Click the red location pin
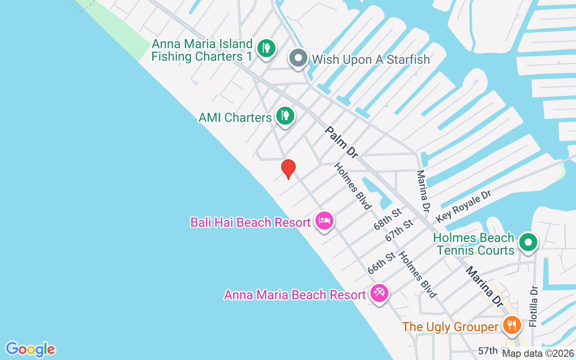(x=288, y=169)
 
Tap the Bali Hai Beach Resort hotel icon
(x=324, y=220)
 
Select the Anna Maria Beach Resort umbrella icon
(x=379, y=293)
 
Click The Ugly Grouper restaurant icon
(x=511, y=324)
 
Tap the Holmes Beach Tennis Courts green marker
(x=528, y=243)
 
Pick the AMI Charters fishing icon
(x=285, y=116)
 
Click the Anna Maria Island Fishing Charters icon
(x=266, y=48)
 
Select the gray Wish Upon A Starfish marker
(x=298, y=58)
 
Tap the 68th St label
(x=387, y=219)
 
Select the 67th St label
(x=399, y=230)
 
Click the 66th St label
(x=381, y=263)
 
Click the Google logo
(x=30, y=349)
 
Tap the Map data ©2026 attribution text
(x=538, y=354)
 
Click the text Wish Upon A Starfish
(x=371, y=59)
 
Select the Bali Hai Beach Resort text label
(x=251, y=222)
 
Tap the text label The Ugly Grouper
(x=450, y=326)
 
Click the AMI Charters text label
(x=235, y=117)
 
